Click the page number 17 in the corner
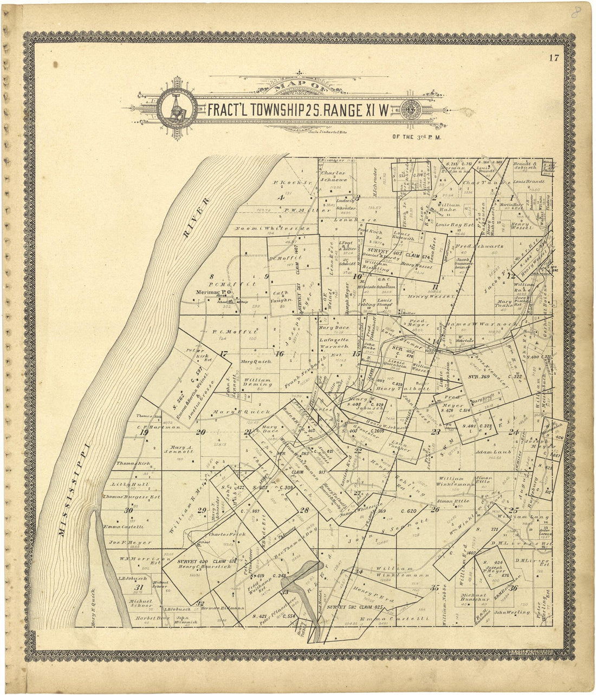point(553,59)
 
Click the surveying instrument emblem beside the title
point(177,108)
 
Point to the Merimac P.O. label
point(213,293)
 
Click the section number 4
point(281,198)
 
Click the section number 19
point(144,432)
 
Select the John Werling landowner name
point(507,613)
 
